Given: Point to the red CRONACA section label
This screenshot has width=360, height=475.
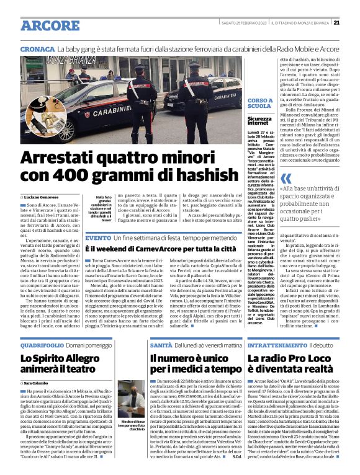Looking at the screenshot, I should point(37,48).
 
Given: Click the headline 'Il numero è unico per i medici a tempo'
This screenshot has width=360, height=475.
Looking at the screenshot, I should point(186,365).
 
